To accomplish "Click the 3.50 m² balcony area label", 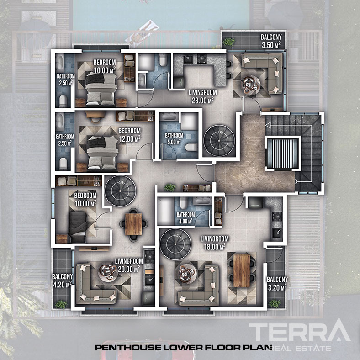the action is [x=271, y=41].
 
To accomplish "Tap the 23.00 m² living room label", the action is [x=203, y=96].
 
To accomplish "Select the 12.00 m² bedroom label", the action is [x=130, y=135].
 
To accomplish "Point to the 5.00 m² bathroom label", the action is [x=174, y=139].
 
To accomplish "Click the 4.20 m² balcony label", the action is [x=62, y=281].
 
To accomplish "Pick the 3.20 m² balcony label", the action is [x=277, y=284].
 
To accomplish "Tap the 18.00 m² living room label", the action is [x=214, y=243].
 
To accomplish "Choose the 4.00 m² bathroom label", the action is [x=185, y=218].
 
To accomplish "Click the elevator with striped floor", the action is [x=283, y=154].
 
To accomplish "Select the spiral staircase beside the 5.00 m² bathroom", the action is [x=219, y=140].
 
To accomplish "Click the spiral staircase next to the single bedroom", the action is [x=120, y=191].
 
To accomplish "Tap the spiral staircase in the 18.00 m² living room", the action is [x=175, y=244].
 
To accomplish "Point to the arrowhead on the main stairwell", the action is [x=268, y=125].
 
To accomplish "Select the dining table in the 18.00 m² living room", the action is [x=242, y=271].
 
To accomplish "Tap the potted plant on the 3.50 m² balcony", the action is [x=229, y=42].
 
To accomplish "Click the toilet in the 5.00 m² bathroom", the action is [x=191, y=148].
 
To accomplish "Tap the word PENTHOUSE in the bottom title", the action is [x=128, y=347].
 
